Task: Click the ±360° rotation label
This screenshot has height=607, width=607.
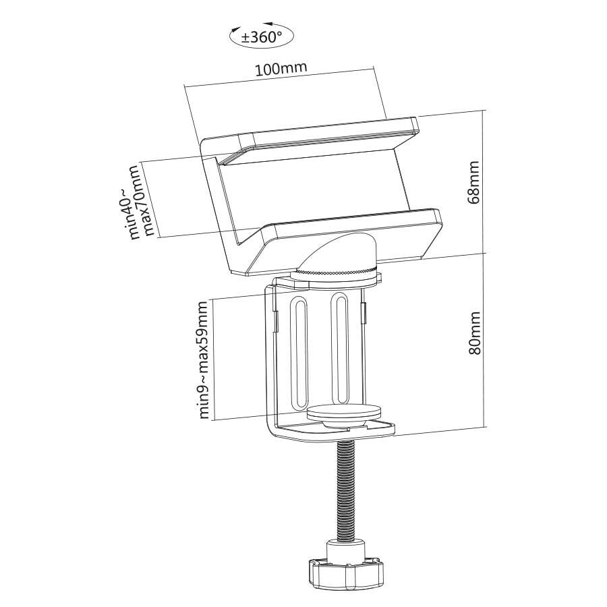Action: tap(262, 37)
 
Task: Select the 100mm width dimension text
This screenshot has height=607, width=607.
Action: tap(281, 68)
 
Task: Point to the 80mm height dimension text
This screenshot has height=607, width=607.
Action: tap(474, 333)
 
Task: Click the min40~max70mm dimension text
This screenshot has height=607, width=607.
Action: tap(142, 202)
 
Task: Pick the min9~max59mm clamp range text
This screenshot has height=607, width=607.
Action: tap(204, 359)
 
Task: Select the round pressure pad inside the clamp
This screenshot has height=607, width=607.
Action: tap(344, 412)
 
